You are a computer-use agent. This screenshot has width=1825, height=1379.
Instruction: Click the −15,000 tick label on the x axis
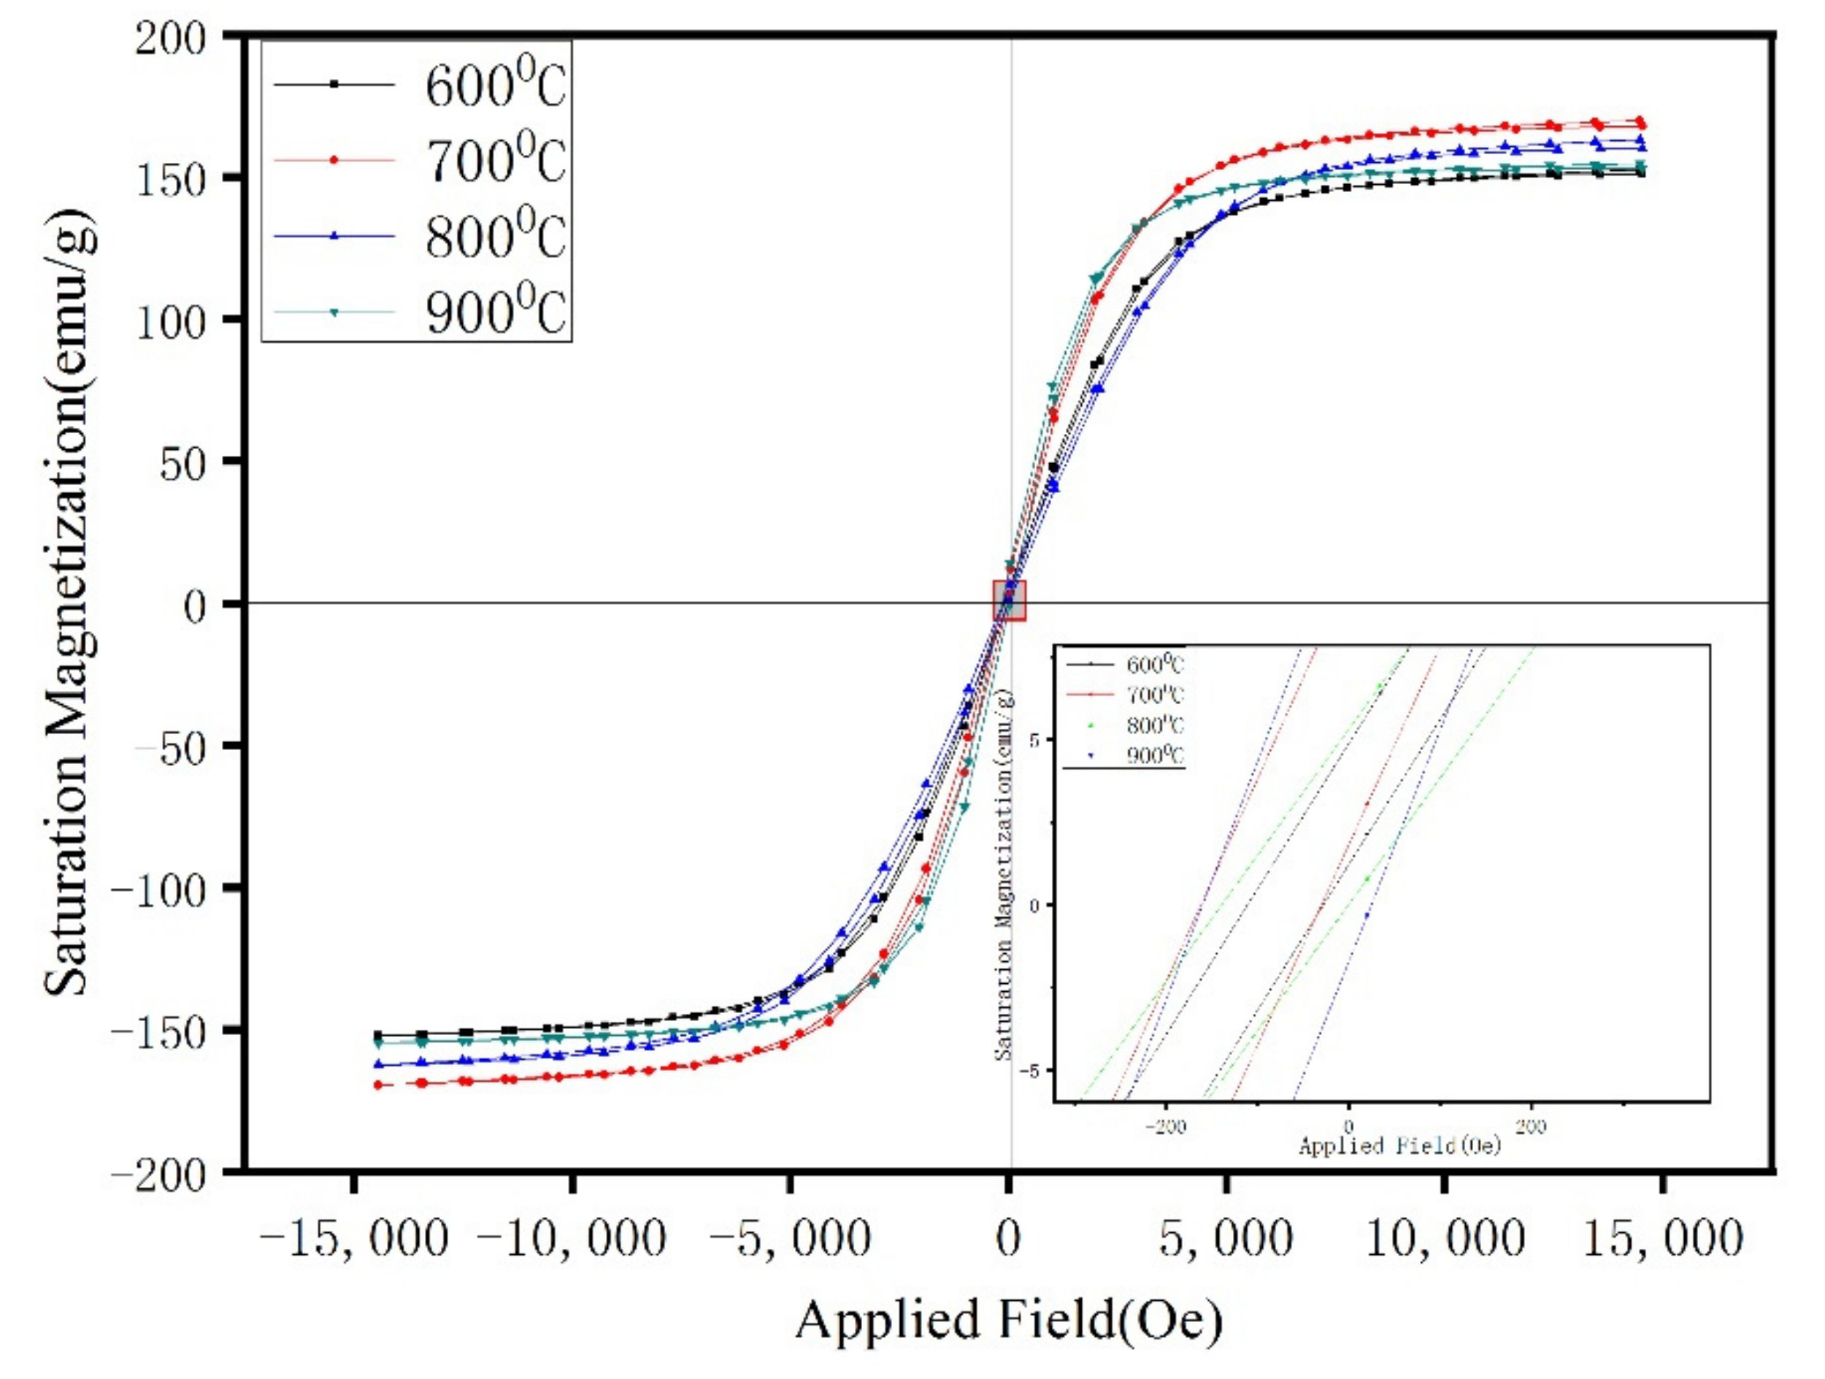tap(353, 1238)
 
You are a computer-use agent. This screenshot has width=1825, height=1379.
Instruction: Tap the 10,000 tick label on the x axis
tap(1445, 1238)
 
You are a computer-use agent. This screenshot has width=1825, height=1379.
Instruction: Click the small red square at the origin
tap(1009, 600)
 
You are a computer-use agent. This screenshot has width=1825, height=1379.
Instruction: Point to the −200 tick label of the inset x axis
tap(1165, 1127)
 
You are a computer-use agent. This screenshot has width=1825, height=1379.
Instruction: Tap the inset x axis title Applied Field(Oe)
tap(1399, 1146)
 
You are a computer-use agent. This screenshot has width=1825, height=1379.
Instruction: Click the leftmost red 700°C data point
tap(379, 1085)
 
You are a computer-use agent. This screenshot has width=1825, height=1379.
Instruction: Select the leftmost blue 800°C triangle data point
tap(379, 1065)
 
